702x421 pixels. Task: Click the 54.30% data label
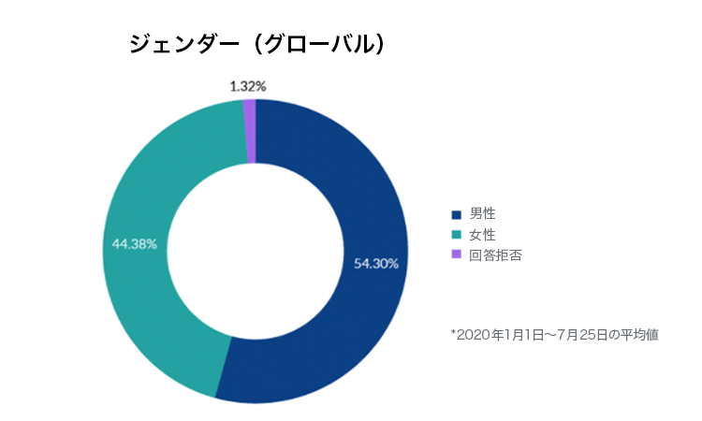tap(376, 264)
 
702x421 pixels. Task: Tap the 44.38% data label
tap(135, 243)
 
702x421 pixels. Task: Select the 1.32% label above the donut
tap(248, 86)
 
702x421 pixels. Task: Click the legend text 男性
tap(482, 213)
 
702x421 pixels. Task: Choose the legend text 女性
tap(482, 234)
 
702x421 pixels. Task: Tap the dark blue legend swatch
tap(457, 213)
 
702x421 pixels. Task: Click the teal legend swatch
tap(457, 234)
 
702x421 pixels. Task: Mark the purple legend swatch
tap(457, 254)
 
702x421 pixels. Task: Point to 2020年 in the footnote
tap(477, 334)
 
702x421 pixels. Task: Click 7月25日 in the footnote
tap(585, 334)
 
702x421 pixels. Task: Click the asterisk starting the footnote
tap(453, 332)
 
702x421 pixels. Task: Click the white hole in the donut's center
tap(255, 251)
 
